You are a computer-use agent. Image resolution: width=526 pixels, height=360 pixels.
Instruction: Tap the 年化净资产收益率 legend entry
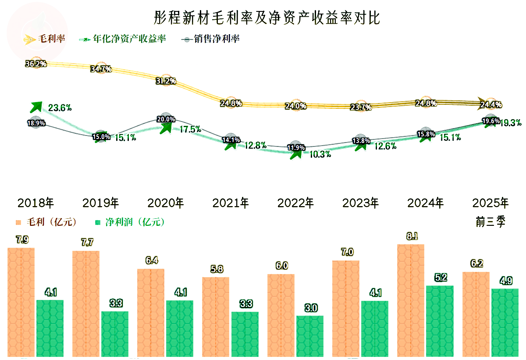click(x=123, y=39)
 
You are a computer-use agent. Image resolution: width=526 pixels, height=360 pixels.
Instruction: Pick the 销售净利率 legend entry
click(x=211, y=39)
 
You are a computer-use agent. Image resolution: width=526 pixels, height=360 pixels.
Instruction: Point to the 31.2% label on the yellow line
click(x=166, y=81)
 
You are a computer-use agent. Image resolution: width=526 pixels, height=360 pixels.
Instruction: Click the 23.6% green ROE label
click(x=60, y=107)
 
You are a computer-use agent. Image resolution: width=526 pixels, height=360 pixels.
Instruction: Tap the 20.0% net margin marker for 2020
click(x=166, y=119)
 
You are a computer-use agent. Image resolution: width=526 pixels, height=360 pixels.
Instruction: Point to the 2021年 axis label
click(x=231, y=203)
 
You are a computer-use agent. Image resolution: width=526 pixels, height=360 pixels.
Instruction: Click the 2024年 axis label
click(x=425, y=203)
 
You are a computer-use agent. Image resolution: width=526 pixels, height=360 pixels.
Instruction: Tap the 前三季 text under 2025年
click(x=490, y=222)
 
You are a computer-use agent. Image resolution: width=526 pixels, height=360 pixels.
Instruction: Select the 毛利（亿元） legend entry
click(x=46, y=222)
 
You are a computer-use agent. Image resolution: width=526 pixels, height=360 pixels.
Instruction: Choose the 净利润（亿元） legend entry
click(x=130, y=222)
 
